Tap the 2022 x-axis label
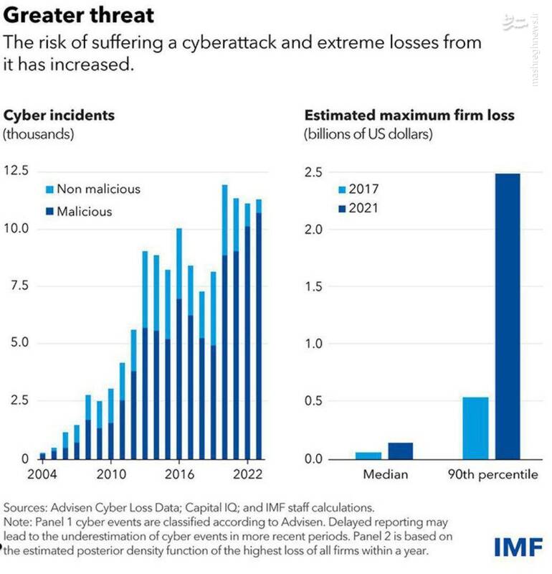(x=247, y=475)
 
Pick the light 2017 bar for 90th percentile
(x=475, y=428)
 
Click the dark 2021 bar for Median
(x=400, y=451)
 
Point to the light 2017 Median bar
(x=368, y=455)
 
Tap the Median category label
(x=385, y=475)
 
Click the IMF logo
(x=518, y=547)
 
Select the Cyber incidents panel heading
(x=59, y=115)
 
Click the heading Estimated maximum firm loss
(x=409, y=115)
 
